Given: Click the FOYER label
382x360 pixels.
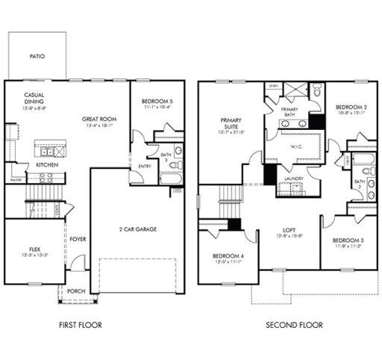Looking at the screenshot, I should (x=79, y=240).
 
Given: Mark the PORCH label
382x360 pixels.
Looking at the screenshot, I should (x=75, y=291).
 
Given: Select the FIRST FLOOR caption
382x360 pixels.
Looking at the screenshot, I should (x=80, y=325).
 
